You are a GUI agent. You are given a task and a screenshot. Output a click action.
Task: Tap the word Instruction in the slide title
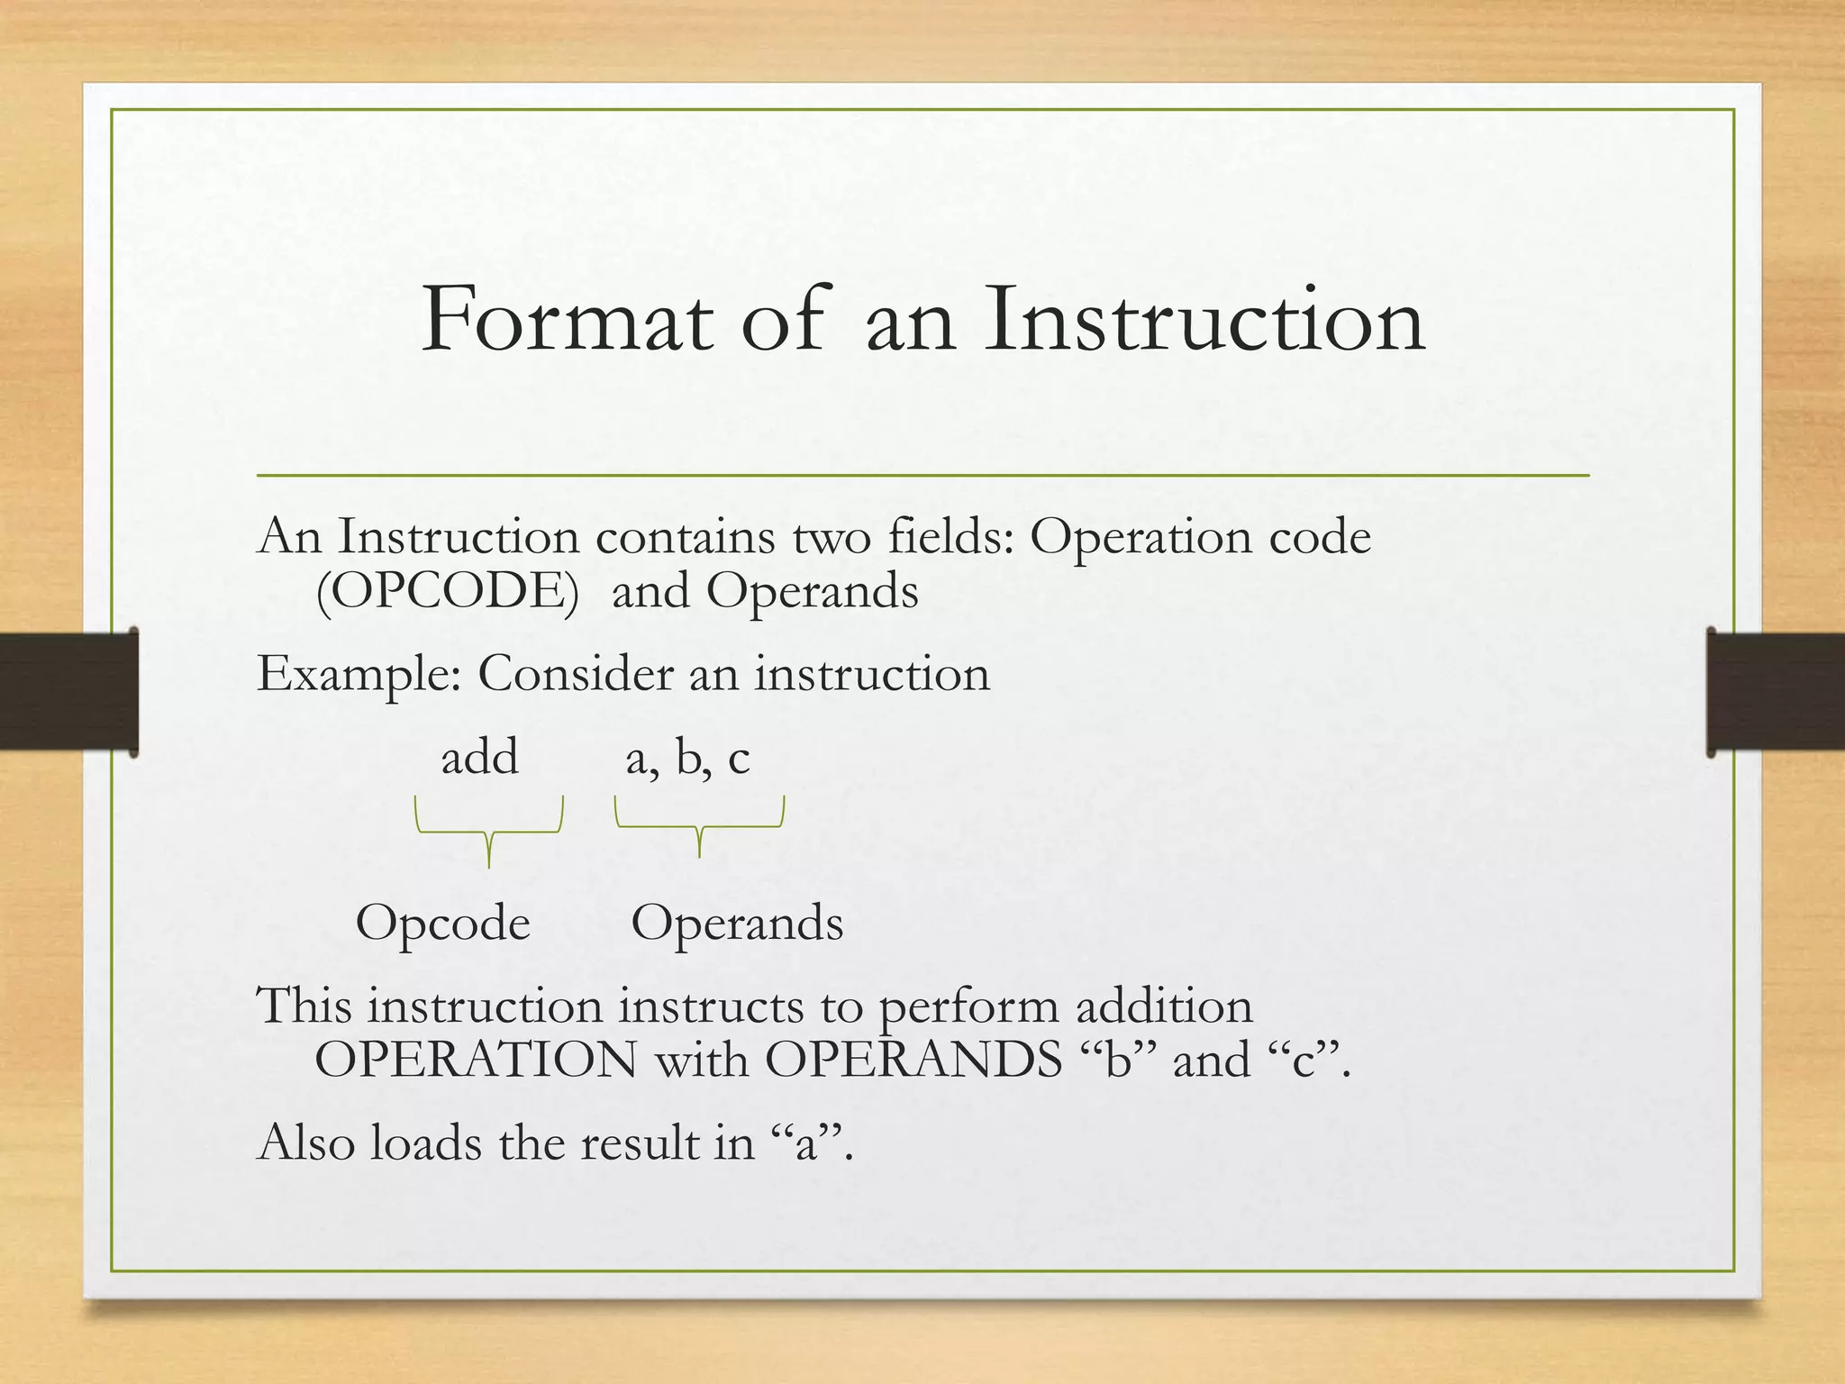(1204, 320)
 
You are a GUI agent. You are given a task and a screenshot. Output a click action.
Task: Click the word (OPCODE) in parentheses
(448, 592)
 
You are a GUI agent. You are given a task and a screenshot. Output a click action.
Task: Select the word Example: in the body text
(359, 674)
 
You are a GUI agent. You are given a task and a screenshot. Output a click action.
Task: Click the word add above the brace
(479, 757)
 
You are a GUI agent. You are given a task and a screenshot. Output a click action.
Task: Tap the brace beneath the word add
(489, 830)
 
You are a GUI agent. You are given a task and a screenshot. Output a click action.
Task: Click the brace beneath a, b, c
(699, 824)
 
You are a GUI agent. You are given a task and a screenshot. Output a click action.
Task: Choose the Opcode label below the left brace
(442, 923)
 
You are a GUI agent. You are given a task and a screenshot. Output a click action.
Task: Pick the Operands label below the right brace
(737, 923)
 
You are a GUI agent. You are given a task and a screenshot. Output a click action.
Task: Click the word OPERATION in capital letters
(476, 1060)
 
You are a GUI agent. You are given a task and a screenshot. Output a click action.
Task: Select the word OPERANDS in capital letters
(913, 1060)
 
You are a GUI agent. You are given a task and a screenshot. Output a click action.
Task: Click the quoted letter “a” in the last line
(804, 1143)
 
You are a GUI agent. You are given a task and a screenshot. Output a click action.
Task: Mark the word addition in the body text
(1164, 1006)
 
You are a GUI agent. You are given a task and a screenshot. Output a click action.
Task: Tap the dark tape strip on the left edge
(68, 691)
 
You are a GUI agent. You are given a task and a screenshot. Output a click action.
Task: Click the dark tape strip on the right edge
(1776, 691)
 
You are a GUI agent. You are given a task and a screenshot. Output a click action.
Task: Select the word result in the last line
(640, 1143)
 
